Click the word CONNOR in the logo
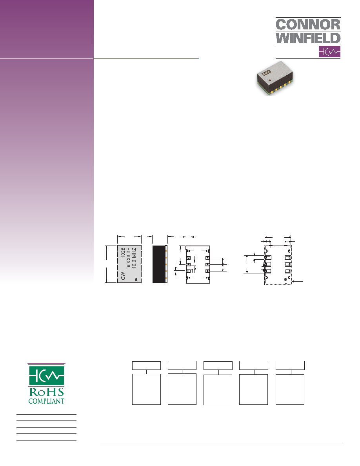[x=308, y=25]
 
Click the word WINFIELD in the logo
[x=308, y=38]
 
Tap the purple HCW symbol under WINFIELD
[x=329, y=52]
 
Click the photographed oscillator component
[x=275, y=78]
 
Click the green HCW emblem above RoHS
[x=46, y=375]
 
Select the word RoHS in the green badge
[x=46, y=392]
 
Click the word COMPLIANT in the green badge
[x=46, y=401]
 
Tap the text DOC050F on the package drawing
[x=128, y=258]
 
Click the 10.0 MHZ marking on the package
[x=134, y=258]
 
